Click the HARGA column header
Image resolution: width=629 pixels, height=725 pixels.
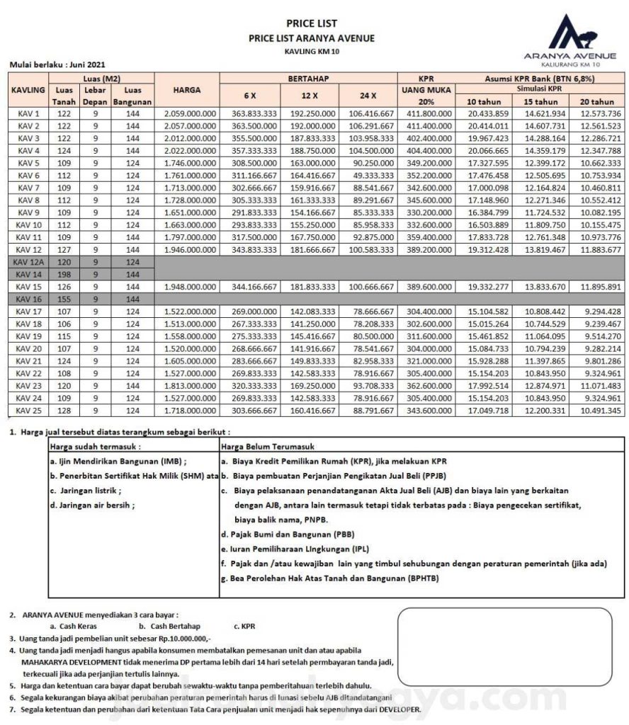[187, 90]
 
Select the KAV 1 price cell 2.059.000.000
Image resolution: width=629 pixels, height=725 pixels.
[190, 113]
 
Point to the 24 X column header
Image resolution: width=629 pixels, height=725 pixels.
[368, 95]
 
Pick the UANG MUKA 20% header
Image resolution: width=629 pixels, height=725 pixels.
[426, 95]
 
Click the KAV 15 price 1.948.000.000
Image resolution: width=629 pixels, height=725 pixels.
[190, 287]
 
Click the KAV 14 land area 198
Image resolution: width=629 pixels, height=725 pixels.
[64, 274]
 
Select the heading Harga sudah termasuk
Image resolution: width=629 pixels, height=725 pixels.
[95, 447]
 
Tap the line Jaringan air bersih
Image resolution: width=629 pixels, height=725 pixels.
[92, 505]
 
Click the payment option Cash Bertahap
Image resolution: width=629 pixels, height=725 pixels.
[170, 626]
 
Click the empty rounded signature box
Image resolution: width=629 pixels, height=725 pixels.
[504, 645]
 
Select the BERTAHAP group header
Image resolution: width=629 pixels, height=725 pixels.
[308, 77]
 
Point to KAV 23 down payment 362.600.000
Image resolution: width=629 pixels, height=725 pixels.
[426, 386]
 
